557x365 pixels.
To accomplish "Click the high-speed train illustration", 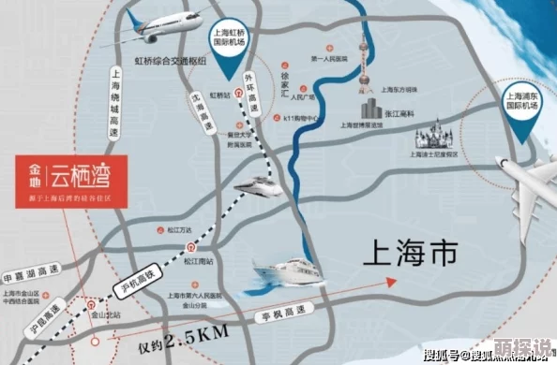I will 257,187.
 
